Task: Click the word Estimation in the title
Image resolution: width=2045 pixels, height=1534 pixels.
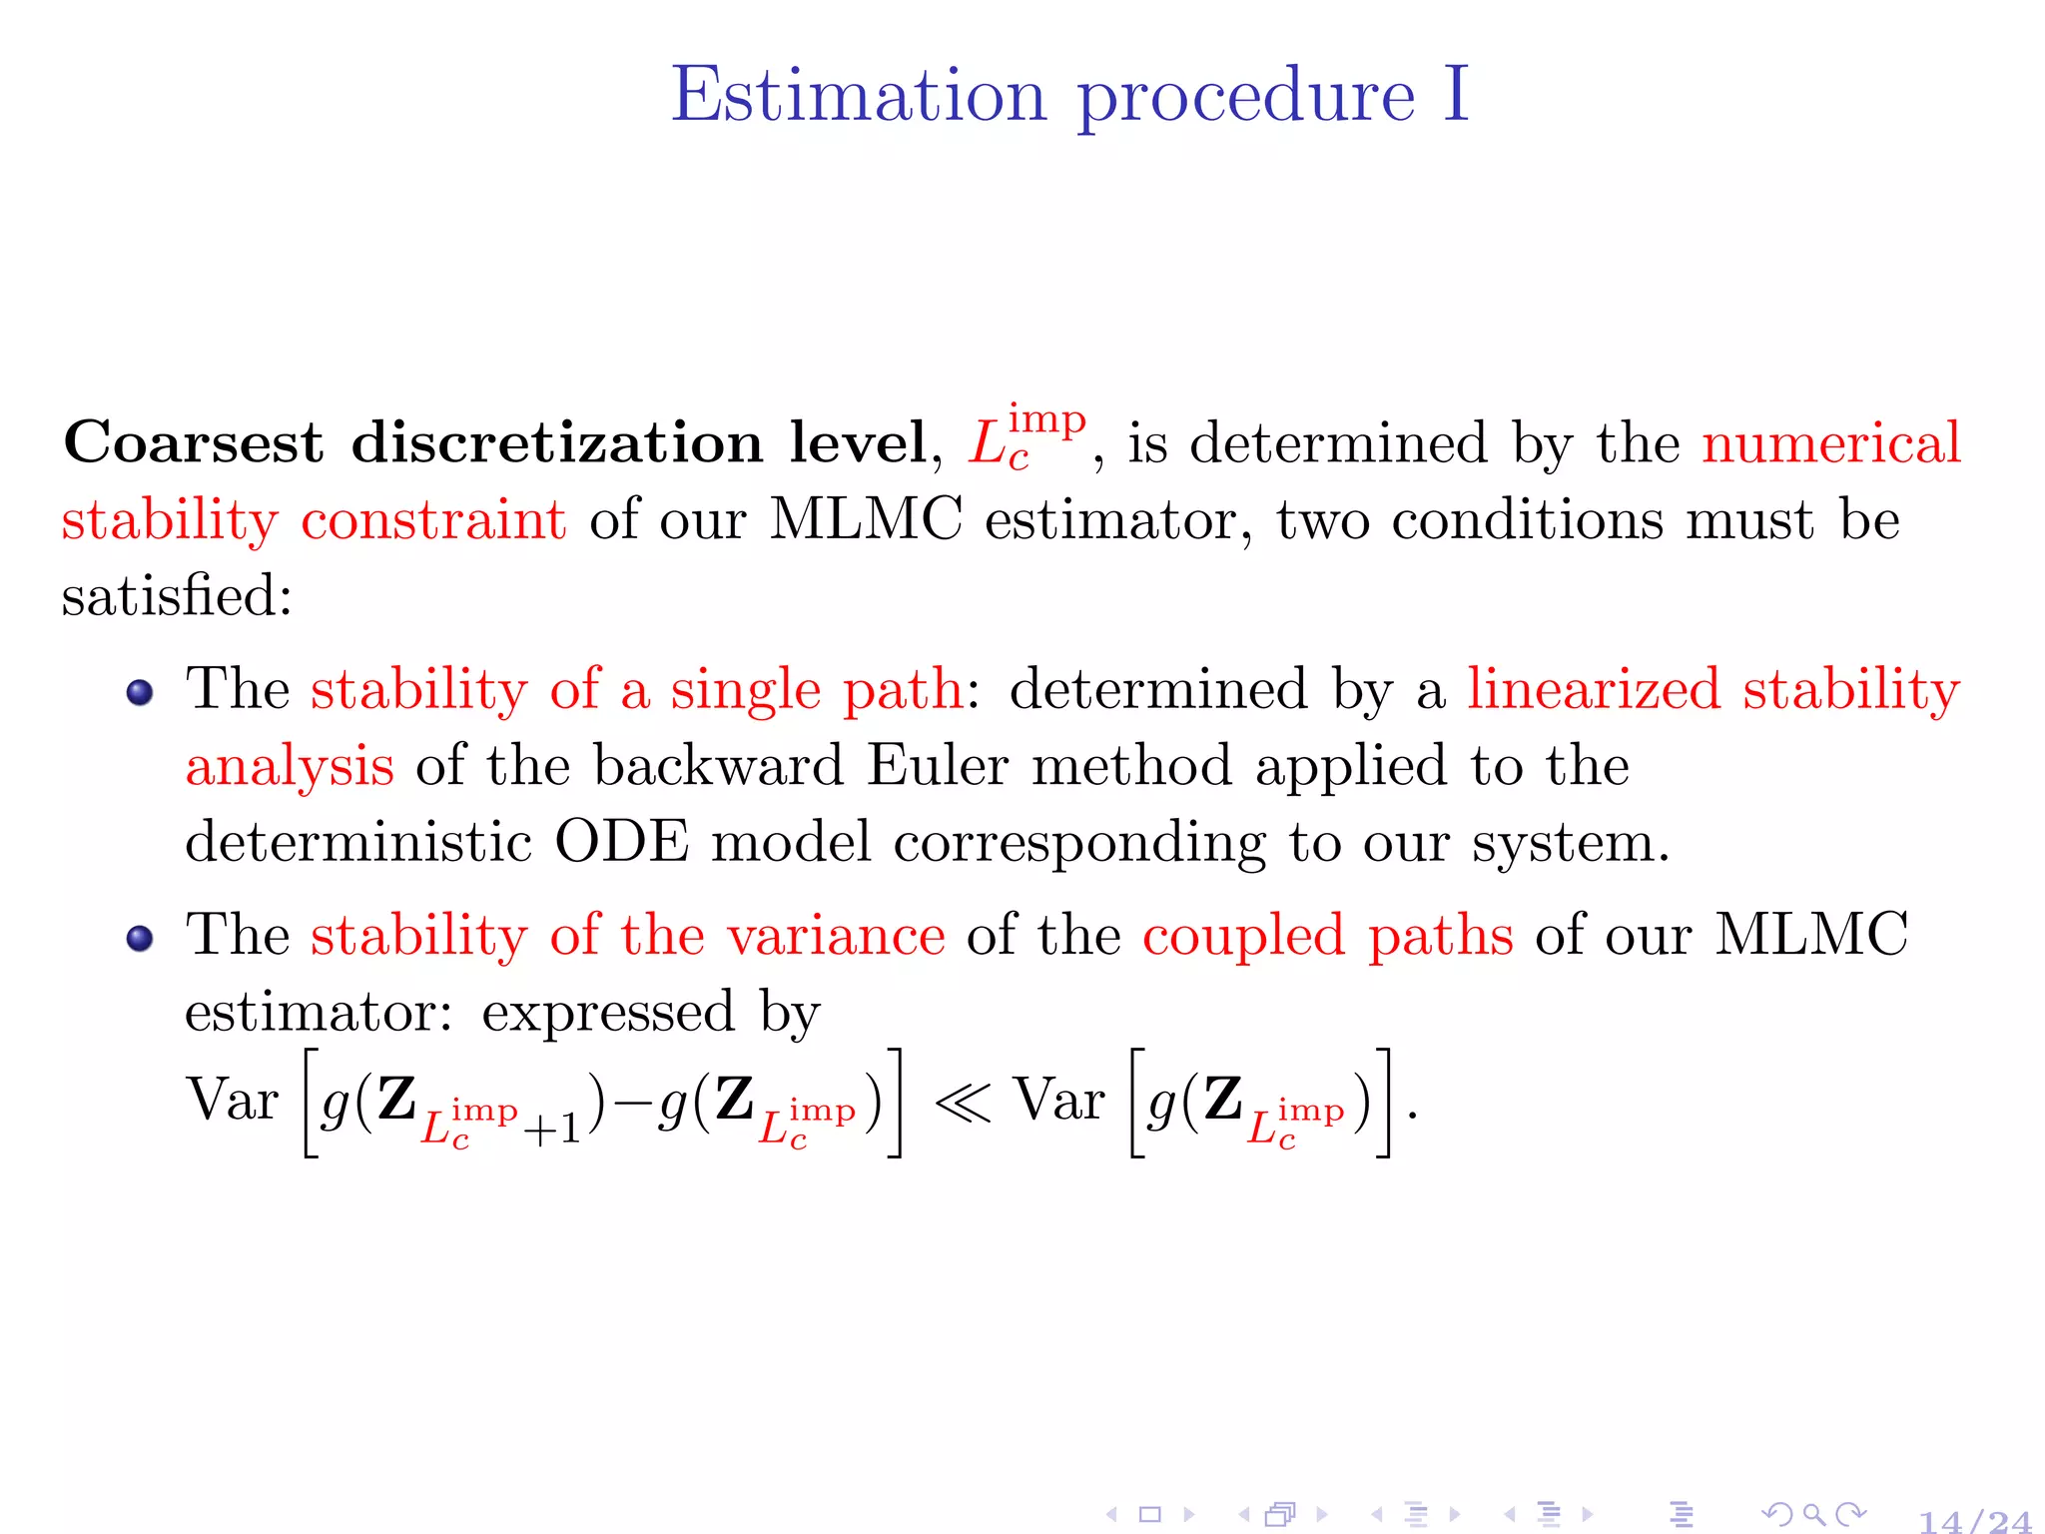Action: pyautogui.click(x=858, y=95)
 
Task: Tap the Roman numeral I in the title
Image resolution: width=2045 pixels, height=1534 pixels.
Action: pyautogui.click(x=1456, y=95)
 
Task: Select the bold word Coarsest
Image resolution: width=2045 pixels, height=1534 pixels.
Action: pyautogui.click(x=194, y=442)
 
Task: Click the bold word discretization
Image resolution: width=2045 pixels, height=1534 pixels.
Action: pyautogui.click(x=556, y=442)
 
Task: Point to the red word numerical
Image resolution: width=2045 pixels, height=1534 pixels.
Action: pyautogui.click(x=1831, y=442)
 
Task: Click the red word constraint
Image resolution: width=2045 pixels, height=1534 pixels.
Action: pyautogui.click(x=433, y=519)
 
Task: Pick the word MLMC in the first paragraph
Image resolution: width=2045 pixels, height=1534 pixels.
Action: pyautogui.click(x=866, y=519)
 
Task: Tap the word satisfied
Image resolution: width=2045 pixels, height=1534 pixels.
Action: pyautogui.click(x=176, y=596)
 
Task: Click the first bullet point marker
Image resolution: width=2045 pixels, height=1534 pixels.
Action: pyautogui.click(x=140, y=692)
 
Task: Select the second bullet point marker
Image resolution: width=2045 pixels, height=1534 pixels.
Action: pyautogui.click(x=140, y=938)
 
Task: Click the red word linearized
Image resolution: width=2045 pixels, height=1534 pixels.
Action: pyautogui.click(x=1594, y=689)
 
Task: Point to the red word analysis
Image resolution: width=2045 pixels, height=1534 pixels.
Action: pyautogui.click(x=290, y=767)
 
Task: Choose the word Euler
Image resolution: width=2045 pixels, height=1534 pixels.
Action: pyautogui.click(x=938, y=766)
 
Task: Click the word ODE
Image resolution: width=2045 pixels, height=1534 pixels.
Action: pyautogui.click(x=621, y=842)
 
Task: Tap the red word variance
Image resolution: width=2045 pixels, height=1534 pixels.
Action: pyautogui.click(x=835, y=936)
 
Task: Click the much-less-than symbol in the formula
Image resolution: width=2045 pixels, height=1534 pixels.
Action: pyautogui.click(x=963, y=1103)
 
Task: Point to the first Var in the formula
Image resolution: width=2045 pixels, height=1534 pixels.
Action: pyautogui.click(x=232, y=1101)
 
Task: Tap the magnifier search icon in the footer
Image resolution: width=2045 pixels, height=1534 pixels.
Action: pyautogui.click(x=1814, y=1515)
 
